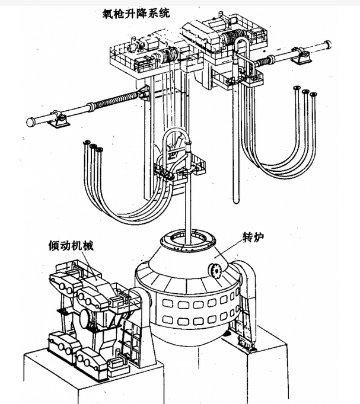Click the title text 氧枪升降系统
click(136, 13)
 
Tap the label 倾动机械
click(71, 246)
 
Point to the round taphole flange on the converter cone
click(215, 270)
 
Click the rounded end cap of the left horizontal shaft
click(31, 122)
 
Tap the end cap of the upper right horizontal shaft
click(328, 44)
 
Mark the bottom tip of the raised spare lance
click(236, 201)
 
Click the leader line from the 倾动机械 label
click(90, 265)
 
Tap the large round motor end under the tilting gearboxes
click(84, 319)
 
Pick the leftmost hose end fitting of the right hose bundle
click(297, 88)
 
